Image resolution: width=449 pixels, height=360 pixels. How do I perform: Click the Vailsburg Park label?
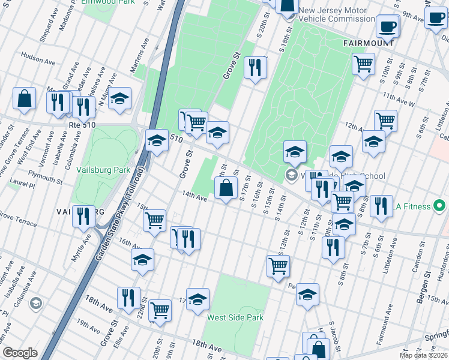[x=103, y=170]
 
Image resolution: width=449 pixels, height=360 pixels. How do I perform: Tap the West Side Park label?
[x=235, y=317]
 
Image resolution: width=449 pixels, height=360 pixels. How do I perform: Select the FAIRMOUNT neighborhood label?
[x=369, y=44]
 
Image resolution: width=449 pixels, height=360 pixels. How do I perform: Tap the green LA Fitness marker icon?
[x=439, y=206]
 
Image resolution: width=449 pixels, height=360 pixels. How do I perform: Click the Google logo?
[x=20, y=353]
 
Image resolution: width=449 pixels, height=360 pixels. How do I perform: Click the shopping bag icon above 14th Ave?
[x=226, y=188]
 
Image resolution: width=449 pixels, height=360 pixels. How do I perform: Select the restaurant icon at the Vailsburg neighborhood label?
[x=83, y=215]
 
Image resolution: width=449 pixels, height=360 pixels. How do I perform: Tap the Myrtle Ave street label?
[x=88, y=247]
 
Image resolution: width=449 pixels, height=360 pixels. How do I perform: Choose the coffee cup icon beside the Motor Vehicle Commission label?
[x=388, y=26]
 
